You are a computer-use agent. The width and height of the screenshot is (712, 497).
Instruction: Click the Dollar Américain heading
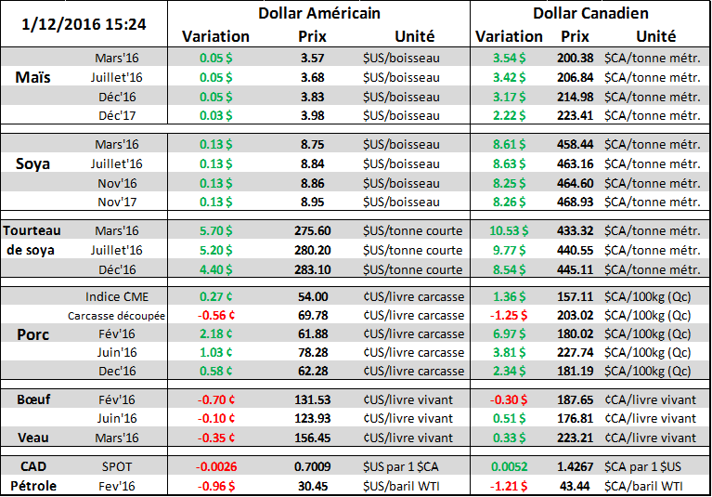[318, 13]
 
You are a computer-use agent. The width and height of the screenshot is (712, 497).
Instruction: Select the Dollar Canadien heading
[590, 13]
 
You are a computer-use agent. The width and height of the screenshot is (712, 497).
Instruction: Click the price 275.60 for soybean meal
[311, 230]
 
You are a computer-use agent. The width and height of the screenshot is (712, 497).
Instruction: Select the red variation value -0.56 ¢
[215, 315]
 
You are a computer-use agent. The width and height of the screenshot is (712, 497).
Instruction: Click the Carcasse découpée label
[117, 316]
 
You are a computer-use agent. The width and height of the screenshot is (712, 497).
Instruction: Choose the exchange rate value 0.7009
[312, 464]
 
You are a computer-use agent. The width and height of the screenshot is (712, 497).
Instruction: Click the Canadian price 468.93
[575, 200]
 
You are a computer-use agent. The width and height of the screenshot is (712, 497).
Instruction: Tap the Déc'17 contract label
[118, 115]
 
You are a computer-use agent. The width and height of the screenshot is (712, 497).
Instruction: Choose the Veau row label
[34, 437]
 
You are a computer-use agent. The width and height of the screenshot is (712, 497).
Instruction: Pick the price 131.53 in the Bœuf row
[312, 399]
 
